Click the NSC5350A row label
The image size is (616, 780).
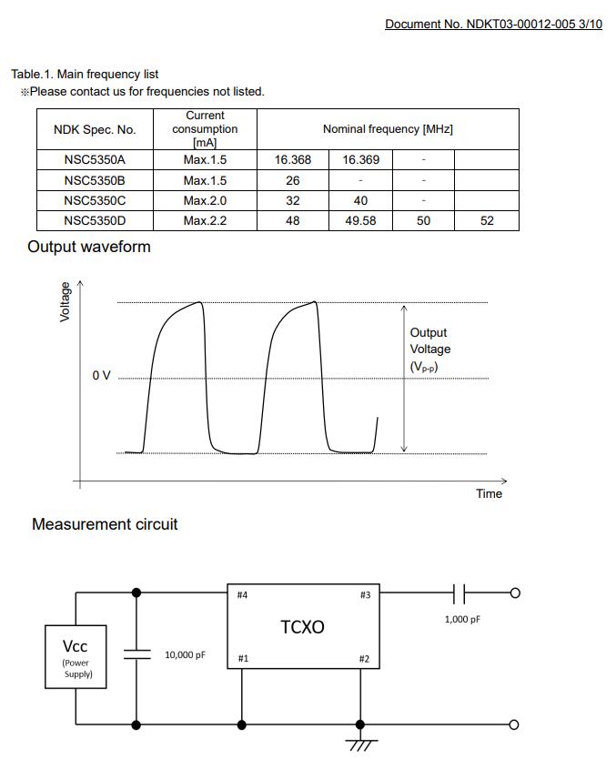tap(95, 160)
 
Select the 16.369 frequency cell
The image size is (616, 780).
tap(360, 160)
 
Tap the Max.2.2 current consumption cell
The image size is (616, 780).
tap(205, 221)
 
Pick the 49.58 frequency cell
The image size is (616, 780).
tap(360, 221)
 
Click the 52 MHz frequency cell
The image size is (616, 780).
tap(487, 221)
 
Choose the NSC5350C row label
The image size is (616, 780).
tap(95, 200)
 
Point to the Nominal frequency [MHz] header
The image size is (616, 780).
tap(388, 129)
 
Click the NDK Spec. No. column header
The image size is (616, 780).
tap(95, 129)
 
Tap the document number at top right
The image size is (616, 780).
tap(493, 25)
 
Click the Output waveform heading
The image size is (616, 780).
tap(89, 247)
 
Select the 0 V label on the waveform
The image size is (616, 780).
tap(101, 376)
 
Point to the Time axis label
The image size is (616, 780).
tap(489, 493)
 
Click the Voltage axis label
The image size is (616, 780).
tap(65, 301)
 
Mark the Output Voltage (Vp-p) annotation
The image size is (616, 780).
tap(429, 349)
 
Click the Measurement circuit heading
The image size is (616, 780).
tap(105, 524)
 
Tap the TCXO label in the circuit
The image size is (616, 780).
tap(302, 627)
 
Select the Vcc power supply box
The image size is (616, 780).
tap(76, 656)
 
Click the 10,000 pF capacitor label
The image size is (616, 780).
tap(185, 655)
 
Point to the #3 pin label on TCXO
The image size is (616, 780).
tap(365, 595)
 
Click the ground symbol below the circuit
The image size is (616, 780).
tap(361, 744)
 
